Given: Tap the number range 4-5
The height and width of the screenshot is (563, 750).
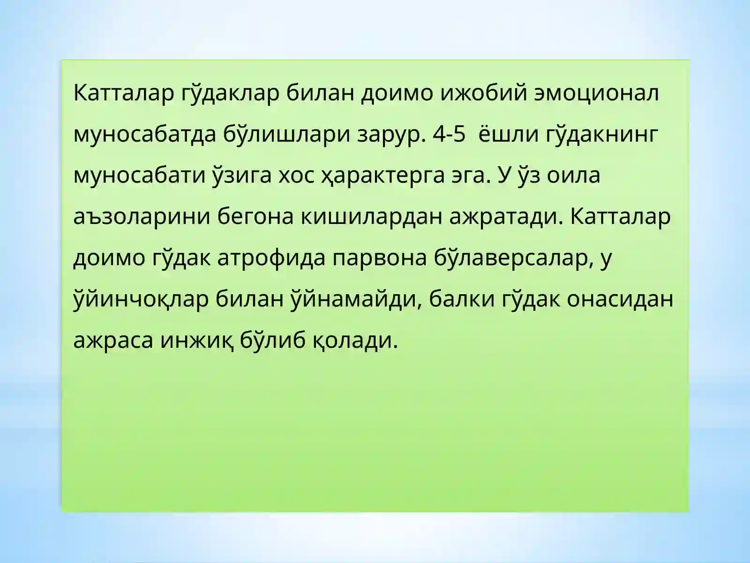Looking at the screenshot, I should pyautogui.click(x=450, y=134).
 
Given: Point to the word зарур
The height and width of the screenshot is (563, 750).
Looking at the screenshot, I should pyautogui.click(x=392, y=134).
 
